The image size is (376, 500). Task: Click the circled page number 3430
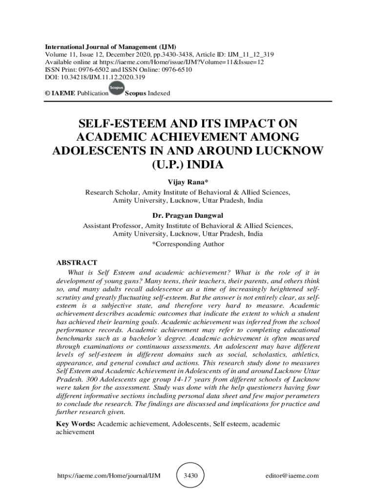[x=190, y=475]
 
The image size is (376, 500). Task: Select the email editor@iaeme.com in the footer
[x=292, y=476]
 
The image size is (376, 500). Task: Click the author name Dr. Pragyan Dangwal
[x=188, y=216]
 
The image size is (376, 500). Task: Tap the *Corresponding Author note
[x=188, y=244]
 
